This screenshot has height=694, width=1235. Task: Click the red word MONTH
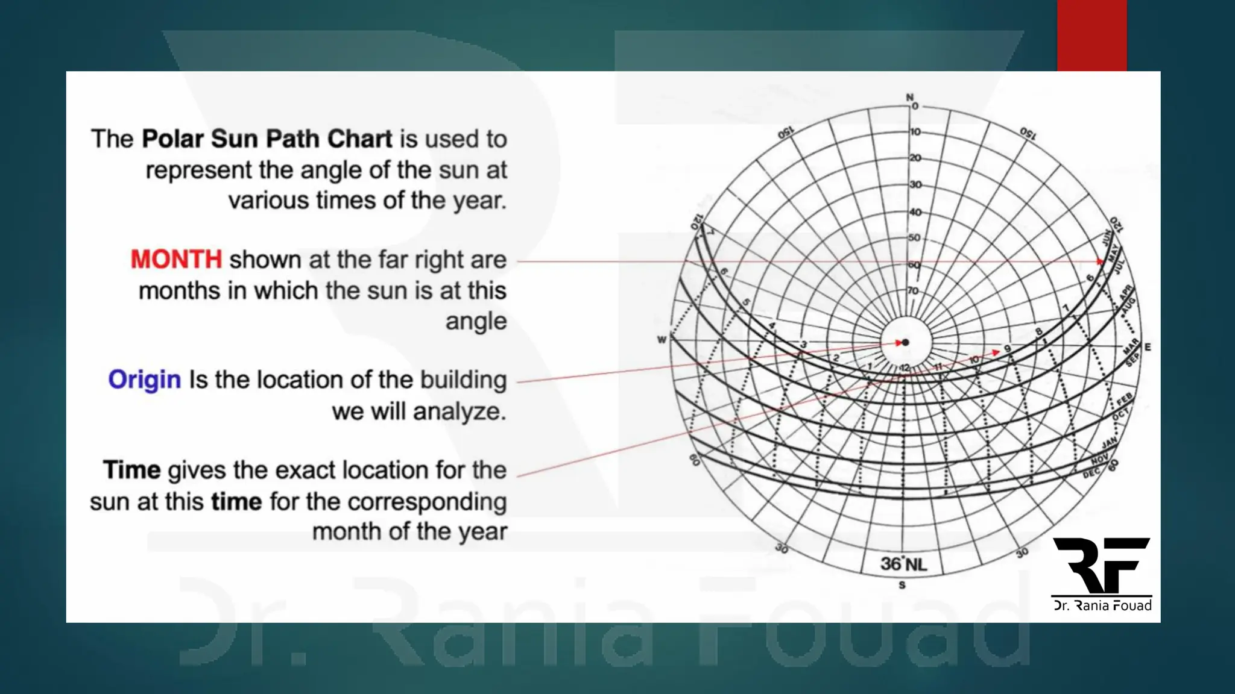(x=176, y=260)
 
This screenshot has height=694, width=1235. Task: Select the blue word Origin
(x=144, y=380)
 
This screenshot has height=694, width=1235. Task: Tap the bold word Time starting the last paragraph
(x=131, y=470)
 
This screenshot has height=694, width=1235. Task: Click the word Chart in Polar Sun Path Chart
(x=359, y=139)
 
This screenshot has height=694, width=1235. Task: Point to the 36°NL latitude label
(x=903, y=564)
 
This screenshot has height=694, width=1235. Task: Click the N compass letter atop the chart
(x=909, y=98)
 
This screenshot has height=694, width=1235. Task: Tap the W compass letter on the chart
(x=662, y=340)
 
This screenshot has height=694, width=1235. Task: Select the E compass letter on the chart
(x=1148, y=347)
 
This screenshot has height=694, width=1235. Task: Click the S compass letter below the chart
(x=902, y=585)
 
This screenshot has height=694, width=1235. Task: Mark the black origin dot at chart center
(x=905, y=343)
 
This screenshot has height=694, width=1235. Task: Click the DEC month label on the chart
(x=1091, y=474)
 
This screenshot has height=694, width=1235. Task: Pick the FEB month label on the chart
(x=1125, y=400)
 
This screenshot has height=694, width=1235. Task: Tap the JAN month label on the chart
(x=1109, y=444)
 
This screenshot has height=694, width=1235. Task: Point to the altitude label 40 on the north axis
(x=915, y=212)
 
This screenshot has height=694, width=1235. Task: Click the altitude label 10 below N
(x=915, y=132)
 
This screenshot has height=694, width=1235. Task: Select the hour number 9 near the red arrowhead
(x=1007, y=349)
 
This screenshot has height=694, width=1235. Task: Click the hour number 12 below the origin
(x=905, y=367)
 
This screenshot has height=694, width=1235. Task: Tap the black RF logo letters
(x=1101, y=565)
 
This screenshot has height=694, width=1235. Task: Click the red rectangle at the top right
(x=1091, y=35)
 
